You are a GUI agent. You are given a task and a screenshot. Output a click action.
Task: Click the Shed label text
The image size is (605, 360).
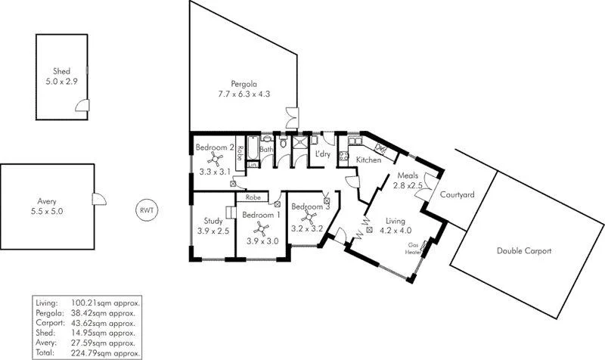61,72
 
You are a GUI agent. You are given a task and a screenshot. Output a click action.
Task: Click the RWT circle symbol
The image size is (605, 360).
146,210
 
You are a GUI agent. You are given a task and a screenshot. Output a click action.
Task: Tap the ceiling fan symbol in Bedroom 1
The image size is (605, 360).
262,228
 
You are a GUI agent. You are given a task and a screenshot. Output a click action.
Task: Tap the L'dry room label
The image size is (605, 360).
322,155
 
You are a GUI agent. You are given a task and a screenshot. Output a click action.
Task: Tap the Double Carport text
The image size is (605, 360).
523,251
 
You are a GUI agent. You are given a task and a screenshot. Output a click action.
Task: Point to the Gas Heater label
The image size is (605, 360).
413,249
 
